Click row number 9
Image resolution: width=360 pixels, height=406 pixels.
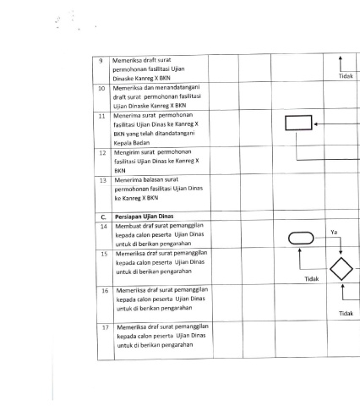pos(101,61)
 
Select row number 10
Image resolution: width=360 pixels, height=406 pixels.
pos(101,89)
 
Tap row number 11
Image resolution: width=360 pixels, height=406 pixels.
pos(101,116)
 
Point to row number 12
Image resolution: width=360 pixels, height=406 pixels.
pos(102,153)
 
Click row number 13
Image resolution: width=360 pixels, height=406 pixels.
pos(103,180)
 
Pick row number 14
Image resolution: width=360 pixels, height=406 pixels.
pos(104,227)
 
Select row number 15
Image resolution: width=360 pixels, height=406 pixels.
pos(104,254)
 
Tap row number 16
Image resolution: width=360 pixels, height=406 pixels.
pos(105,291)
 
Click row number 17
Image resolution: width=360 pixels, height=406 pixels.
pos(106,327)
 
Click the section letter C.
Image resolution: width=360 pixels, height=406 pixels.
pos(103,217)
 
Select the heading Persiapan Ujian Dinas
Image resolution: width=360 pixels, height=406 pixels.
pos(145,217)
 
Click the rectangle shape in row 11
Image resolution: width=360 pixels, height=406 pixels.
pos(298,115)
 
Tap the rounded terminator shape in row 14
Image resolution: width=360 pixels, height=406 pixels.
pos(301,233)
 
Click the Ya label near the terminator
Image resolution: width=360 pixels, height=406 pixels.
pos(334,233)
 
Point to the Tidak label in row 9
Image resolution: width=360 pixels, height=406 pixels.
pos(346,76)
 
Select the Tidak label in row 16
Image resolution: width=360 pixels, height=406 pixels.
pos(346,314)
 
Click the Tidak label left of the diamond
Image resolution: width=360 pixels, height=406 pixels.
pos(312,279)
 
